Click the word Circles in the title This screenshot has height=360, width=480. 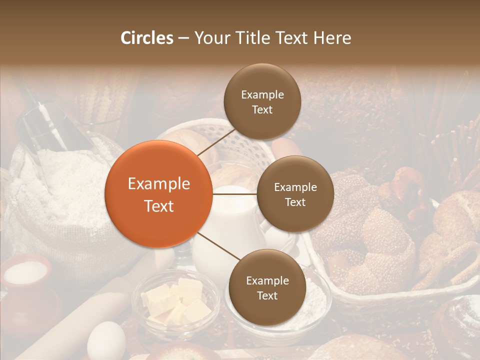(147, 38)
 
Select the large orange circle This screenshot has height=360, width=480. (158, 194)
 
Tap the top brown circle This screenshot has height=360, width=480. (262, 101)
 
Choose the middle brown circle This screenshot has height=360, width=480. (295, 194)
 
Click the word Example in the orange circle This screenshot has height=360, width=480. (159, 184)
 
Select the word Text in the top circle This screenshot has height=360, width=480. (262, 109)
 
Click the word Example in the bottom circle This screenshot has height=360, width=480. (267, 280)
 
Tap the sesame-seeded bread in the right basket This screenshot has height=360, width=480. (370, 235)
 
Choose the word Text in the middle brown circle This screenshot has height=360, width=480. (295, 202)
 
